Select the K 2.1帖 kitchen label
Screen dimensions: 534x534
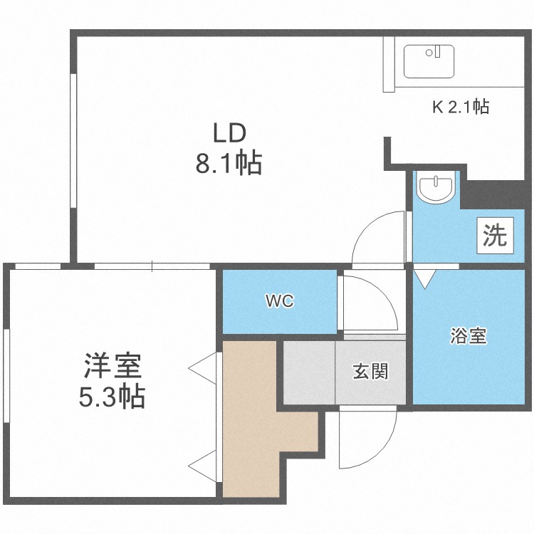tap(461, 108)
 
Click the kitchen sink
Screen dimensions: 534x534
tap(429, 61)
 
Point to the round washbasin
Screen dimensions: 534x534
tap(435, 189)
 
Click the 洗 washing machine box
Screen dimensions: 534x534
tap(496, 236)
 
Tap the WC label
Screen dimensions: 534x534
tap(280, 302)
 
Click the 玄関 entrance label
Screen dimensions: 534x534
tap(370, 371)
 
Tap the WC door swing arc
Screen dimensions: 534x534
tap(370, 303)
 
